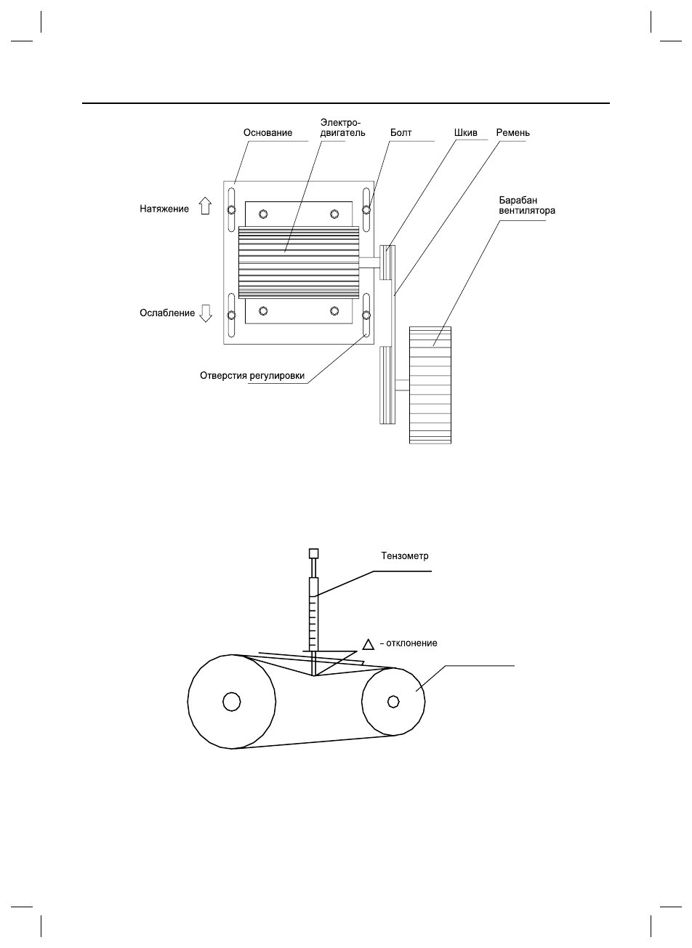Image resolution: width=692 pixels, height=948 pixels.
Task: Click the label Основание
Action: point(267,133)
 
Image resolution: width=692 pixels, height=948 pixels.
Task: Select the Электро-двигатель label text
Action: point(342,128)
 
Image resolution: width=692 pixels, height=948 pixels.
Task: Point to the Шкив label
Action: point(464,133)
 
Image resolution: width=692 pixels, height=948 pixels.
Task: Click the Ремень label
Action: point(513,133)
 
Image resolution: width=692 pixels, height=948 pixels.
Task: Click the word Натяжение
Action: point(164,209)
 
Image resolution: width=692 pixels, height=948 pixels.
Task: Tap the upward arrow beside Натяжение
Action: point(204,206)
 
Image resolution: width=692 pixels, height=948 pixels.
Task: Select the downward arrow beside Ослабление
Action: point(205,313)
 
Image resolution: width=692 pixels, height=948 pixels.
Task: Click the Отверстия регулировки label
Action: point(252,376)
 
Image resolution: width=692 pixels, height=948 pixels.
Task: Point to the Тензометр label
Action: point(405,556)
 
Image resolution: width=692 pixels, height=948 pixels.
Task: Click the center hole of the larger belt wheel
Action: point(231,702)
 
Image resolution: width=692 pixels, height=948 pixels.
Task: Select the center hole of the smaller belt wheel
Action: point(393,702)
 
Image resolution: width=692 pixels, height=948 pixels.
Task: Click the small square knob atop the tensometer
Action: point(314,553)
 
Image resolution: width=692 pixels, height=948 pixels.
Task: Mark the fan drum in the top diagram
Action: point(430,385)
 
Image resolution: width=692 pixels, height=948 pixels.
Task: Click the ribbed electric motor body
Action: point(299,262)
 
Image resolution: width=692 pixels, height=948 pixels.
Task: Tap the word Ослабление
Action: point(167,313)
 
